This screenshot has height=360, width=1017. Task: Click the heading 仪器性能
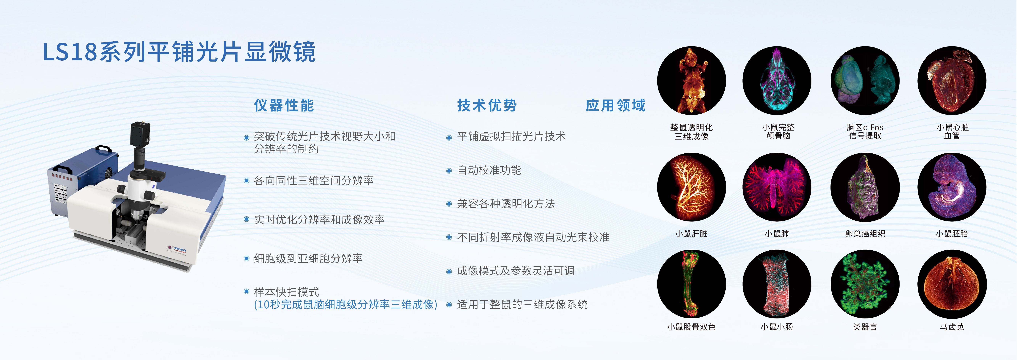[x=284, y=105]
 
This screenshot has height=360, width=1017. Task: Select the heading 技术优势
[x=487, y=105]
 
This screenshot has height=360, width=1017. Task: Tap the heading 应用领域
[x=616, y=105]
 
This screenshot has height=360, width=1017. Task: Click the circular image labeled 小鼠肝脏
[x=691, y=187]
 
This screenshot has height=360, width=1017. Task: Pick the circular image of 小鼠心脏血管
[x=952, y=81]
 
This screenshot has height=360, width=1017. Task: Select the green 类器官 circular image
[x=865, y=284]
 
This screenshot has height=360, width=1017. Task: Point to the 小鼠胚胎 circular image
[x=952, y=187]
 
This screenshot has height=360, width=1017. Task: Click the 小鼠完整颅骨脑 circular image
[x=777, y=81]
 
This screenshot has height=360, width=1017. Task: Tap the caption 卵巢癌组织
[x=865, y=234]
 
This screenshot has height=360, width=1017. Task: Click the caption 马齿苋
[x=952, y=327]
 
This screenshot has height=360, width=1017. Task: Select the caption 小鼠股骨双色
[x=691, y=327]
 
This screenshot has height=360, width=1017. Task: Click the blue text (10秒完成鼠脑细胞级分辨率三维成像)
[x=345, y=304]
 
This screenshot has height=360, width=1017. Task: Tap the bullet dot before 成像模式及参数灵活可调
[x=449, y=272]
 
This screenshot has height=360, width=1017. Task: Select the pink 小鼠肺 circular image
[x=777, y=187]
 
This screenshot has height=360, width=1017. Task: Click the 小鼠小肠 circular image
[x=777, y=284]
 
